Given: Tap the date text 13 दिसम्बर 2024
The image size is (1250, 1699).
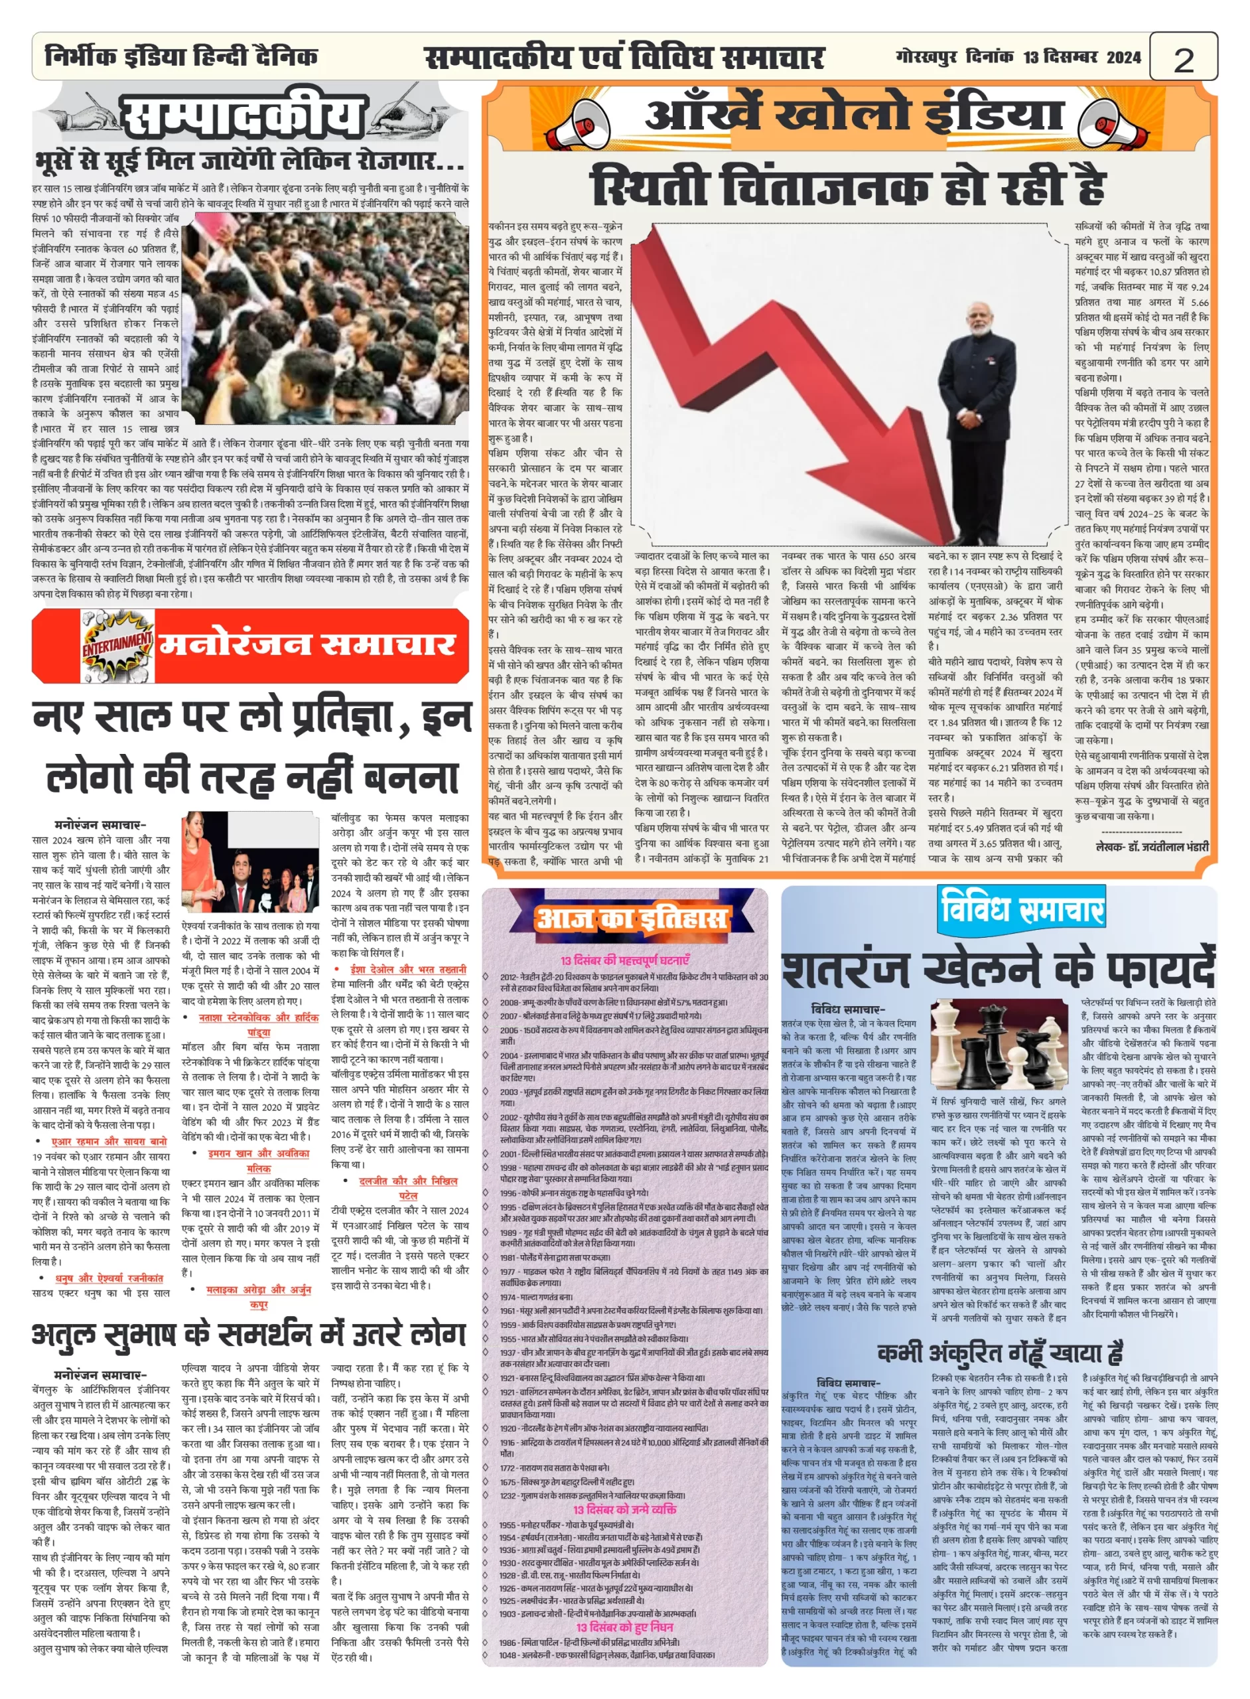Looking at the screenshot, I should (x=1081, y=58).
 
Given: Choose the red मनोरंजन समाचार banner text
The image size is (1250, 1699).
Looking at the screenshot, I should (x=307, y=644).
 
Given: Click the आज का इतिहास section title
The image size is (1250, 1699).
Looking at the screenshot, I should (x=632, y=918).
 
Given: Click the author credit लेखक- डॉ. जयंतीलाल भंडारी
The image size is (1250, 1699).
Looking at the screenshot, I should (x=1152, y=846).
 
